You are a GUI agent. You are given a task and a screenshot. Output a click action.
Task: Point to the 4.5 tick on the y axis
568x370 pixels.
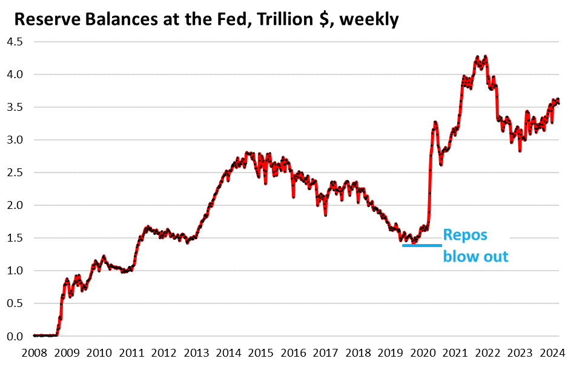[x=15, y=42]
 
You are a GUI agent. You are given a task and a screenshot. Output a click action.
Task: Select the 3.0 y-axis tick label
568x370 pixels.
[x=15, y=140]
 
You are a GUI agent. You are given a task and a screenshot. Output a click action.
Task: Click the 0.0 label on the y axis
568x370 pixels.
[x=15, y=336]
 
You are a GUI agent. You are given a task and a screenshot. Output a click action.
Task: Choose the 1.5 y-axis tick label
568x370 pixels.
[x=15, y=238]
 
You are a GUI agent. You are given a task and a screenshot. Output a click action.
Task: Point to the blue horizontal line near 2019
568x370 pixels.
[x=421, y=245]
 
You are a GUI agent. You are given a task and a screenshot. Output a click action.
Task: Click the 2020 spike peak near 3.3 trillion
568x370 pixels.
[x=435, y=123]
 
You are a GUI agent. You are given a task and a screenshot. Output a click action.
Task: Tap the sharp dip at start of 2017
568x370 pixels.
[x=325, y=214]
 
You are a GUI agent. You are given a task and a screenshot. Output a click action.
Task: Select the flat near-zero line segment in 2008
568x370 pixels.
[x=45, y=335]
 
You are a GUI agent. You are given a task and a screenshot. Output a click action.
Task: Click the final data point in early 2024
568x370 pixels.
[x=558, y=104]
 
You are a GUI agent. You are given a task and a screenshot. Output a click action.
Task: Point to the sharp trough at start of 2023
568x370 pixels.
[x=520, y=150]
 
